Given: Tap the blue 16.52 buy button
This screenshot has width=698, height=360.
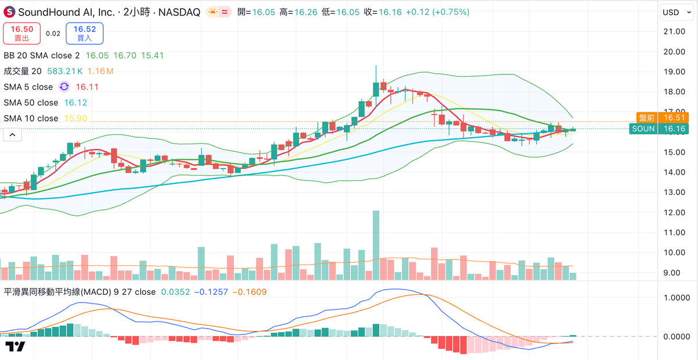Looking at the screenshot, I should (84, 33).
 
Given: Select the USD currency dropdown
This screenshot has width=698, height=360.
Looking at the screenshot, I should (674, 12).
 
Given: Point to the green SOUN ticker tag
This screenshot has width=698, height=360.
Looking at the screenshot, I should (643, 129).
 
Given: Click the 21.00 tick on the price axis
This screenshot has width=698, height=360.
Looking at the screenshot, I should (673, 31).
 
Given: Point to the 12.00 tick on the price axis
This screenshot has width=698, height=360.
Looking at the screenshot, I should (673, 212).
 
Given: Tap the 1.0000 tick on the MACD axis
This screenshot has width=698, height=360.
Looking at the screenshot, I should (676, 297).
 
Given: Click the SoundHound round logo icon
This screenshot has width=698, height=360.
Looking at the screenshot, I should (9, 12).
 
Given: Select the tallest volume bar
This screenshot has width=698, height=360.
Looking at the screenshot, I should (376, 245).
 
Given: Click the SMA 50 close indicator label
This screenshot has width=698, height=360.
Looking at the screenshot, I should (31, 102).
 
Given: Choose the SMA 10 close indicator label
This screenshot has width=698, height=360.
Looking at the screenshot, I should (31, 118).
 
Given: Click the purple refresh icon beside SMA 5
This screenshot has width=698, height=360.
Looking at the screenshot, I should (64, 87).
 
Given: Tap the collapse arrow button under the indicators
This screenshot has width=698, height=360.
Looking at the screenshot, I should (12, 134).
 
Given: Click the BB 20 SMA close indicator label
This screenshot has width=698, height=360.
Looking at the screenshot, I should (41, 55).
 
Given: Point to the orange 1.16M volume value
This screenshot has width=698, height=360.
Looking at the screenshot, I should (100, 71).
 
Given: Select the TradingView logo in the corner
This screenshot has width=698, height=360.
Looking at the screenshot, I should (16, 347).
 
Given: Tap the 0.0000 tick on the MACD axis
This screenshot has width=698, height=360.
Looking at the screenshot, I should (676, 336).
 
